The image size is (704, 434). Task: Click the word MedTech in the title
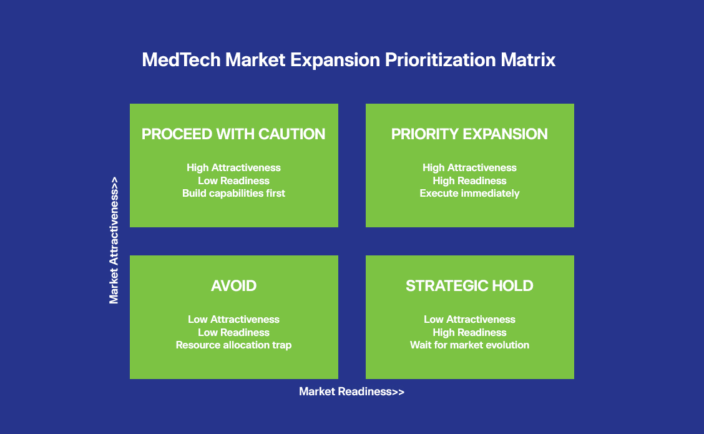182,60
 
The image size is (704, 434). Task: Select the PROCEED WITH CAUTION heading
233,134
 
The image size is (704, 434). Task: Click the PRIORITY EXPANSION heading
469,134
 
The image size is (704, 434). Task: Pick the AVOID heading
234,286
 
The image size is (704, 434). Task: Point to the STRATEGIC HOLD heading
469,286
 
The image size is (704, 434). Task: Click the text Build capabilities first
233,193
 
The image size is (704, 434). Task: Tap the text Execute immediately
469,193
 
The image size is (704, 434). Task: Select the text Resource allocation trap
233,345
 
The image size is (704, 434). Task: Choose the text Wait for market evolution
469,345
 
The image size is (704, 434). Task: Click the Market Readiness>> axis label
351,392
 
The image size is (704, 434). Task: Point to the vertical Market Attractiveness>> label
114,240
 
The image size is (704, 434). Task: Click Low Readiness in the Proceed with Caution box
233,180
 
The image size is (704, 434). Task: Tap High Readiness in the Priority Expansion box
469,180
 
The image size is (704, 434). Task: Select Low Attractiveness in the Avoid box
233,320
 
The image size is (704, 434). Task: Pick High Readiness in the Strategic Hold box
469,332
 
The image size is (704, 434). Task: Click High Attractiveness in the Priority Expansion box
469,167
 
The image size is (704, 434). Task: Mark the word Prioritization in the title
440,60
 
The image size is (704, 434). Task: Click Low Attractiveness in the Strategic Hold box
469,320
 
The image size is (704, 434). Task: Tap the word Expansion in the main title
335,60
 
